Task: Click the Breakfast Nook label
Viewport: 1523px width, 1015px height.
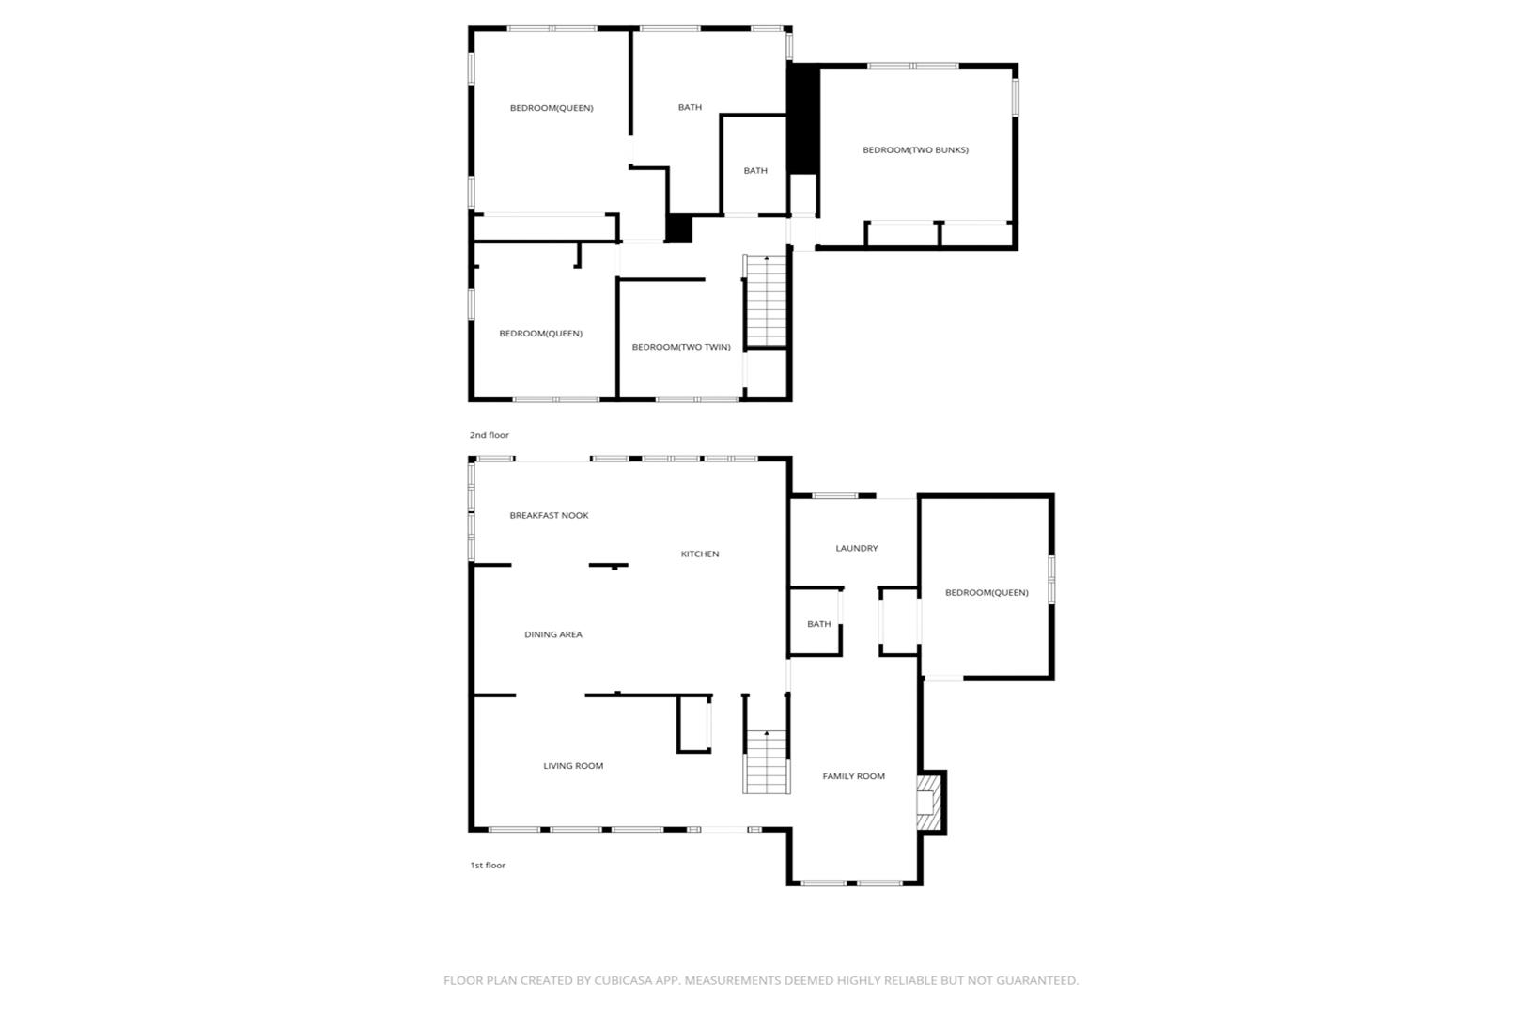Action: pos(549,516)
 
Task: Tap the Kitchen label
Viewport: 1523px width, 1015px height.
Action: pos(700,554)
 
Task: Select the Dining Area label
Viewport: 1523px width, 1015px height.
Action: pos(552,634)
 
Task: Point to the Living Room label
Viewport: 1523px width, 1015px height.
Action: pos(573,766)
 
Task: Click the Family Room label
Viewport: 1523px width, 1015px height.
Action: pos(853,776)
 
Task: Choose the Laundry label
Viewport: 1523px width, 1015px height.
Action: pos(857,548)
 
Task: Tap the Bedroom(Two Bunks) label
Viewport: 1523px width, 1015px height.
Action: pos(915,150)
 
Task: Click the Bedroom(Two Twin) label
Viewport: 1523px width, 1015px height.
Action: pos(681,347)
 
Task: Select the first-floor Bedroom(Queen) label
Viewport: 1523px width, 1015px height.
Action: pos(987,592)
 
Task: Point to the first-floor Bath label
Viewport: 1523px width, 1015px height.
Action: pos(818,624)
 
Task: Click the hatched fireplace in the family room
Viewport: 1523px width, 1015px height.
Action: pos(928,803)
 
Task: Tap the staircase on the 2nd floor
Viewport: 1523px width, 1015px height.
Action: pos(767,301)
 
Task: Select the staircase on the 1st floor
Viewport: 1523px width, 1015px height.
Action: pos(767,761)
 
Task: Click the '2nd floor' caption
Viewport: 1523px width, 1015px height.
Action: pos(489,435)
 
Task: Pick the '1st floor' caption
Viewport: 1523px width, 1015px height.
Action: pos(488,866)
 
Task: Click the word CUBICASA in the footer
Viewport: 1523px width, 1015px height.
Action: pos(619,980)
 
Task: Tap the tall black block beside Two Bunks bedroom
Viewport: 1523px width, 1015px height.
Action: pos(802,119)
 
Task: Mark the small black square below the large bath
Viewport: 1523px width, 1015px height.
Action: pos(678,228)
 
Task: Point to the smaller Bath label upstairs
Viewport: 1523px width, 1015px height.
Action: pos(755,171)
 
